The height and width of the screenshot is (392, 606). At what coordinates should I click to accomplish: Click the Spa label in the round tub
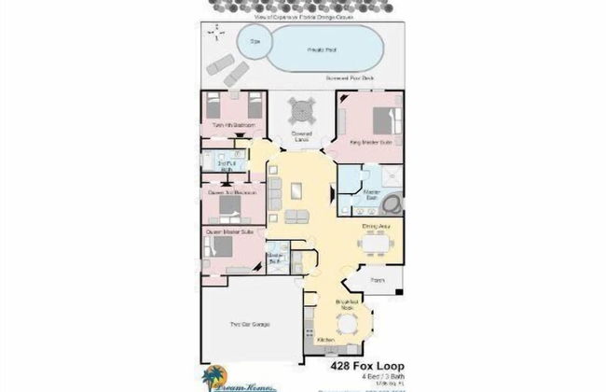255,41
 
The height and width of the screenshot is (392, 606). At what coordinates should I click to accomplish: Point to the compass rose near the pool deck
216,36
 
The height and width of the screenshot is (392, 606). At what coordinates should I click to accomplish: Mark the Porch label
378,279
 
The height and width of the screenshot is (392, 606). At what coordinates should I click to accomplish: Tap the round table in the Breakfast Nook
347,324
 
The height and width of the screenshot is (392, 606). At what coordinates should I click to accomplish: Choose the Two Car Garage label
250,324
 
